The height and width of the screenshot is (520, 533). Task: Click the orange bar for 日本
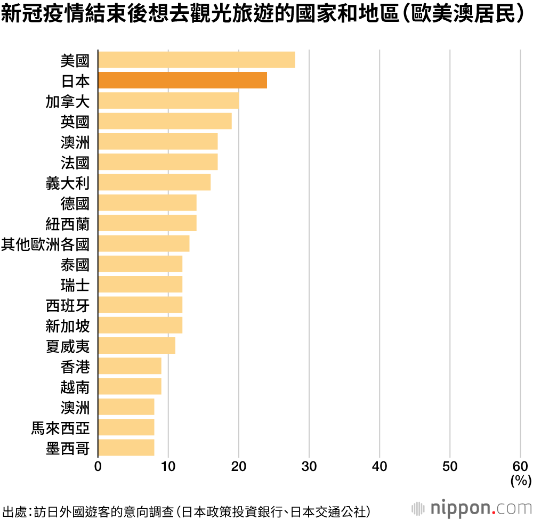point(182,80)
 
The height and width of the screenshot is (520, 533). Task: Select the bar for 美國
point(196,60)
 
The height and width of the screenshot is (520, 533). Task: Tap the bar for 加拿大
point(168,101)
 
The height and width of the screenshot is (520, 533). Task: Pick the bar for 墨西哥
point(126,448)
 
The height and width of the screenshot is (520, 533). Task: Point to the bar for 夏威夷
point(136,346)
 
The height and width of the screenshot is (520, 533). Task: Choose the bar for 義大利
point(154,182)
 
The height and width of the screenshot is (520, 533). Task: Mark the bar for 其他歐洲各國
point(143,243)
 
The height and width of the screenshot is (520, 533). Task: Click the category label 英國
point(75,121)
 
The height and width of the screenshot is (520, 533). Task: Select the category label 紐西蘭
point(67,223)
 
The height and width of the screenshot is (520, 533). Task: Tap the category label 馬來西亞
point(60,428)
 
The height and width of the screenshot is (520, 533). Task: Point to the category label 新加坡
point(67,325)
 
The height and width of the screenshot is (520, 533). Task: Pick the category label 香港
point(75,367)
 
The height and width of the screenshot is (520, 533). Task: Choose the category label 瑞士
point(75,285)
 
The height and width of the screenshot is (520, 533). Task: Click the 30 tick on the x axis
point(309,467)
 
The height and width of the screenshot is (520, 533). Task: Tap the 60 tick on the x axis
point(520,467)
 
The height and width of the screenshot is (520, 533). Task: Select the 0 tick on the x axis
point(98,467)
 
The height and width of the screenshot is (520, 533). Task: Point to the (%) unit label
point(520,481)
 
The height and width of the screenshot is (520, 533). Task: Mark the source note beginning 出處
point(186,511)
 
